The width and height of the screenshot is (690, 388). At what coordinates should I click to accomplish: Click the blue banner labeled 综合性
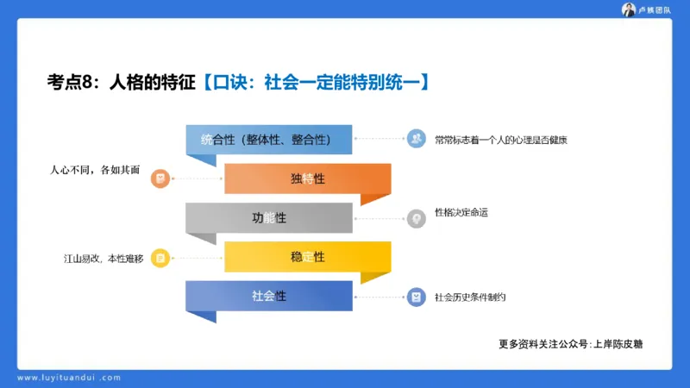pos(268,140)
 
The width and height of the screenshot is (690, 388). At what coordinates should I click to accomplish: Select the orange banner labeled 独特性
pos(307,178)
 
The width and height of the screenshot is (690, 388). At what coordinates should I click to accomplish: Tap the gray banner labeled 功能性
pos(268,217)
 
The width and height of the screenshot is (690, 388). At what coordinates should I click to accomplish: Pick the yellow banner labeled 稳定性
pos(307,257)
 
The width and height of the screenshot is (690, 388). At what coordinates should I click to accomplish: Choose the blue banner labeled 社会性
pos(268,296)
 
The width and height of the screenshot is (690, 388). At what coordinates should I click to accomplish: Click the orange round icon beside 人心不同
pos(160,179)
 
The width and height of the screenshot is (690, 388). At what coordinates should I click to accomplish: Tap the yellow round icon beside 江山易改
pos(160,257)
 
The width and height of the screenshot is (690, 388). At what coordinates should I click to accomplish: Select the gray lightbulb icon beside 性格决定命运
pos(417,218)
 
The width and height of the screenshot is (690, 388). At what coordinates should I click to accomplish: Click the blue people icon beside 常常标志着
pos(417,138)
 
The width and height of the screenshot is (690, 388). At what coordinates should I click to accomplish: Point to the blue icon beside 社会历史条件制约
pos(417,297)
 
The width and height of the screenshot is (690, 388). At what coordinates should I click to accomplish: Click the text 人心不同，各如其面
pos(93,170)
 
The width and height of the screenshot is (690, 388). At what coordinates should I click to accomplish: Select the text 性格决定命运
pos(461,212)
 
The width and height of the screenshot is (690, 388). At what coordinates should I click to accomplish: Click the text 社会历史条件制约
pos(470,297)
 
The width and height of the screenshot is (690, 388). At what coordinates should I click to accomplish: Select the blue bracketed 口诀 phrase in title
pos(316,83)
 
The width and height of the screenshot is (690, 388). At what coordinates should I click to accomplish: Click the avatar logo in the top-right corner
pos(629,9)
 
